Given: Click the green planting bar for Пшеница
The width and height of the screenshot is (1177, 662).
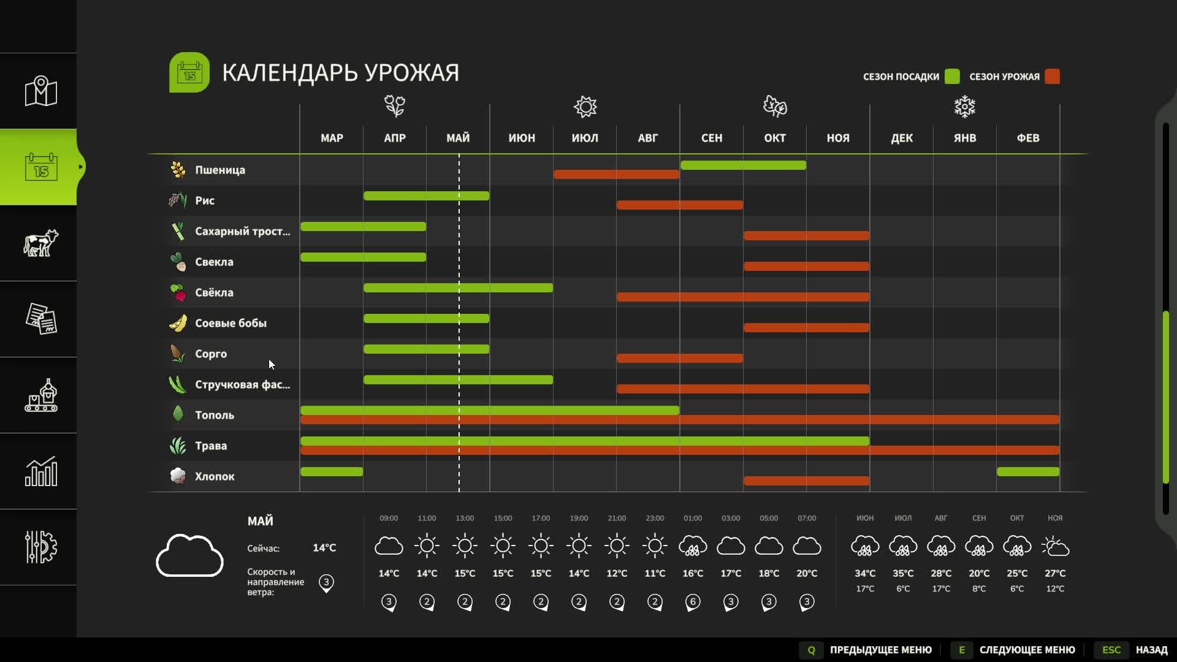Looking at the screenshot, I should point(743,165).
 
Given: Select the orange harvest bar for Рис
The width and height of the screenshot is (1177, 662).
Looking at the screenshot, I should point(680,205).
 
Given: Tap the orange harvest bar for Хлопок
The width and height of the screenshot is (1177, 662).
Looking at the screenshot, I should point(806,481).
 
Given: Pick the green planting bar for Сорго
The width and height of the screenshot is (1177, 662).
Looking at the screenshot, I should point(426,349).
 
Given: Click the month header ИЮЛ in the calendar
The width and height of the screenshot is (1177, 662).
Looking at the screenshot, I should point(585,138).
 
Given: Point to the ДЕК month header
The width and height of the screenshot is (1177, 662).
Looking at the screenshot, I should point(901,138).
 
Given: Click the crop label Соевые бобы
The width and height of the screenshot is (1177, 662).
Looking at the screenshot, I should point(230,323).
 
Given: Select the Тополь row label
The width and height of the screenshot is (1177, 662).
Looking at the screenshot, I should point(214,415).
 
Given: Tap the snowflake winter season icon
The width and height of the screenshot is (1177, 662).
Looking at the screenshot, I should point(964,107).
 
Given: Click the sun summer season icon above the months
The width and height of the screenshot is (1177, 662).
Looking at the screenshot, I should point(585,107).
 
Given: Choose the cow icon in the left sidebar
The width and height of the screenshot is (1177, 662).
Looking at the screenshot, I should point(40,243).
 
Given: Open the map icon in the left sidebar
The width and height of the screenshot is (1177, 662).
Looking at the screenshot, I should point(40,91).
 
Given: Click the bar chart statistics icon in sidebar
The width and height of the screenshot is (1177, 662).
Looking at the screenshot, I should point(40,471).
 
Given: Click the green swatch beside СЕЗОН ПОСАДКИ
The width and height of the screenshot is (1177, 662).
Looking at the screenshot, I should point(952,77).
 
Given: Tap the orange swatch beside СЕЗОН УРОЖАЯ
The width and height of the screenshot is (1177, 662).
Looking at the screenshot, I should point(1052,77).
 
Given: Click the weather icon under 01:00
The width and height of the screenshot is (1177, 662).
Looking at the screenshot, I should point(693,546).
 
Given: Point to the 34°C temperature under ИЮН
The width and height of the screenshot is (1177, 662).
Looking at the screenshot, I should point(865,573).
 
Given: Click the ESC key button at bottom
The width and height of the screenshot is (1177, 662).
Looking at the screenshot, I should point(1111,650).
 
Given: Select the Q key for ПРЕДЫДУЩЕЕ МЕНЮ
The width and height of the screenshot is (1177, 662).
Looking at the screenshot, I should point(811,650).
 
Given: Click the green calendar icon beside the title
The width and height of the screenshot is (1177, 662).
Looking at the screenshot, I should point(189,72).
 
